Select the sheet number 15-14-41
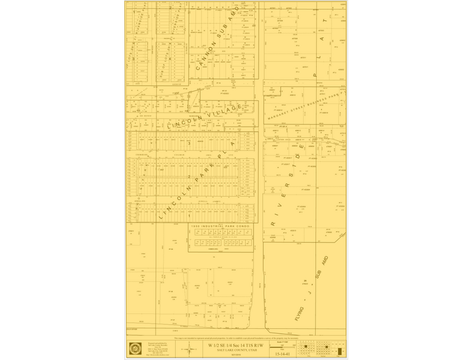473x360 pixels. click(x=282, y=353)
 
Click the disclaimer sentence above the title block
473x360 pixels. click(x=236, y=338)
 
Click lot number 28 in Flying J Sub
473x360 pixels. click(x=305, y=280)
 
